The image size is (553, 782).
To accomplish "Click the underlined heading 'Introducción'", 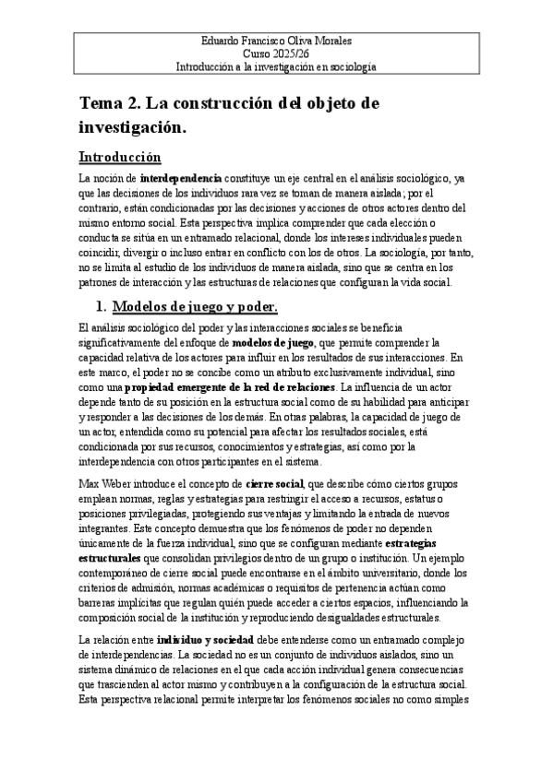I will point(120,157).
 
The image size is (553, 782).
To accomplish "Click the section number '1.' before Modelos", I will point(102,307).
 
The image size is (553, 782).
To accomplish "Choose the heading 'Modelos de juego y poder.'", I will point(195,307).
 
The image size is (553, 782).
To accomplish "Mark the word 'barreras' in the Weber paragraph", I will point(102,602).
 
